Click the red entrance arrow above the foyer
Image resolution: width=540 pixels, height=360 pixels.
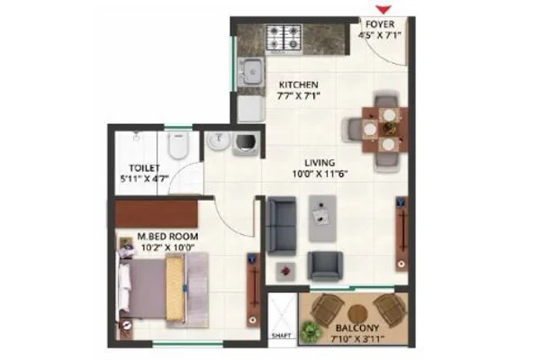[x=383, y=10]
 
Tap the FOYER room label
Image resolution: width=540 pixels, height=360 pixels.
[x=380, y=24]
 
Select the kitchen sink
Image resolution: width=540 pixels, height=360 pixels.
[x=251, y=72]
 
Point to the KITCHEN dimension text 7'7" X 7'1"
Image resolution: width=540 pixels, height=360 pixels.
[x=298, y=95]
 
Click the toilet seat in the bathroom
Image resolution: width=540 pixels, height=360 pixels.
[x=178, y=146]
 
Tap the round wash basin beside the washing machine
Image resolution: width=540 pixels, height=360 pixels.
[x=219, y=141]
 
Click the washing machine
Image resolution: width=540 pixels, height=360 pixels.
[x=247, y=142]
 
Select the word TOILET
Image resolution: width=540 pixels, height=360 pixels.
[x=144, y=168]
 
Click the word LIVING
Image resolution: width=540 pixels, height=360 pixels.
[x=319, y=163]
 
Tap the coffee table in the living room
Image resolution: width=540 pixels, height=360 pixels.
[x=322, y=219]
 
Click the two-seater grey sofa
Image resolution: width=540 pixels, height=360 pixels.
[x=282, y=226]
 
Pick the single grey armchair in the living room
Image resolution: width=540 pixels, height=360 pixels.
[x=325, y=265]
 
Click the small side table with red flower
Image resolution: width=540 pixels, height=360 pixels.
[x=285, y=271]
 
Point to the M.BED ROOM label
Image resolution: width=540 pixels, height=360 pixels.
[x=167, y=237]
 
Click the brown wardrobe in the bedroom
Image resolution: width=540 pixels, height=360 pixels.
[x=156, y=214]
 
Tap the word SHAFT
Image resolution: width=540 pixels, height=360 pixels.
[x=282, y=335]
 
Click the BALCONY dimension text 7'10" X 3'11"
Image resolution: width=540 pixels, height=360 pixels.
[x=357, y=338]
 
